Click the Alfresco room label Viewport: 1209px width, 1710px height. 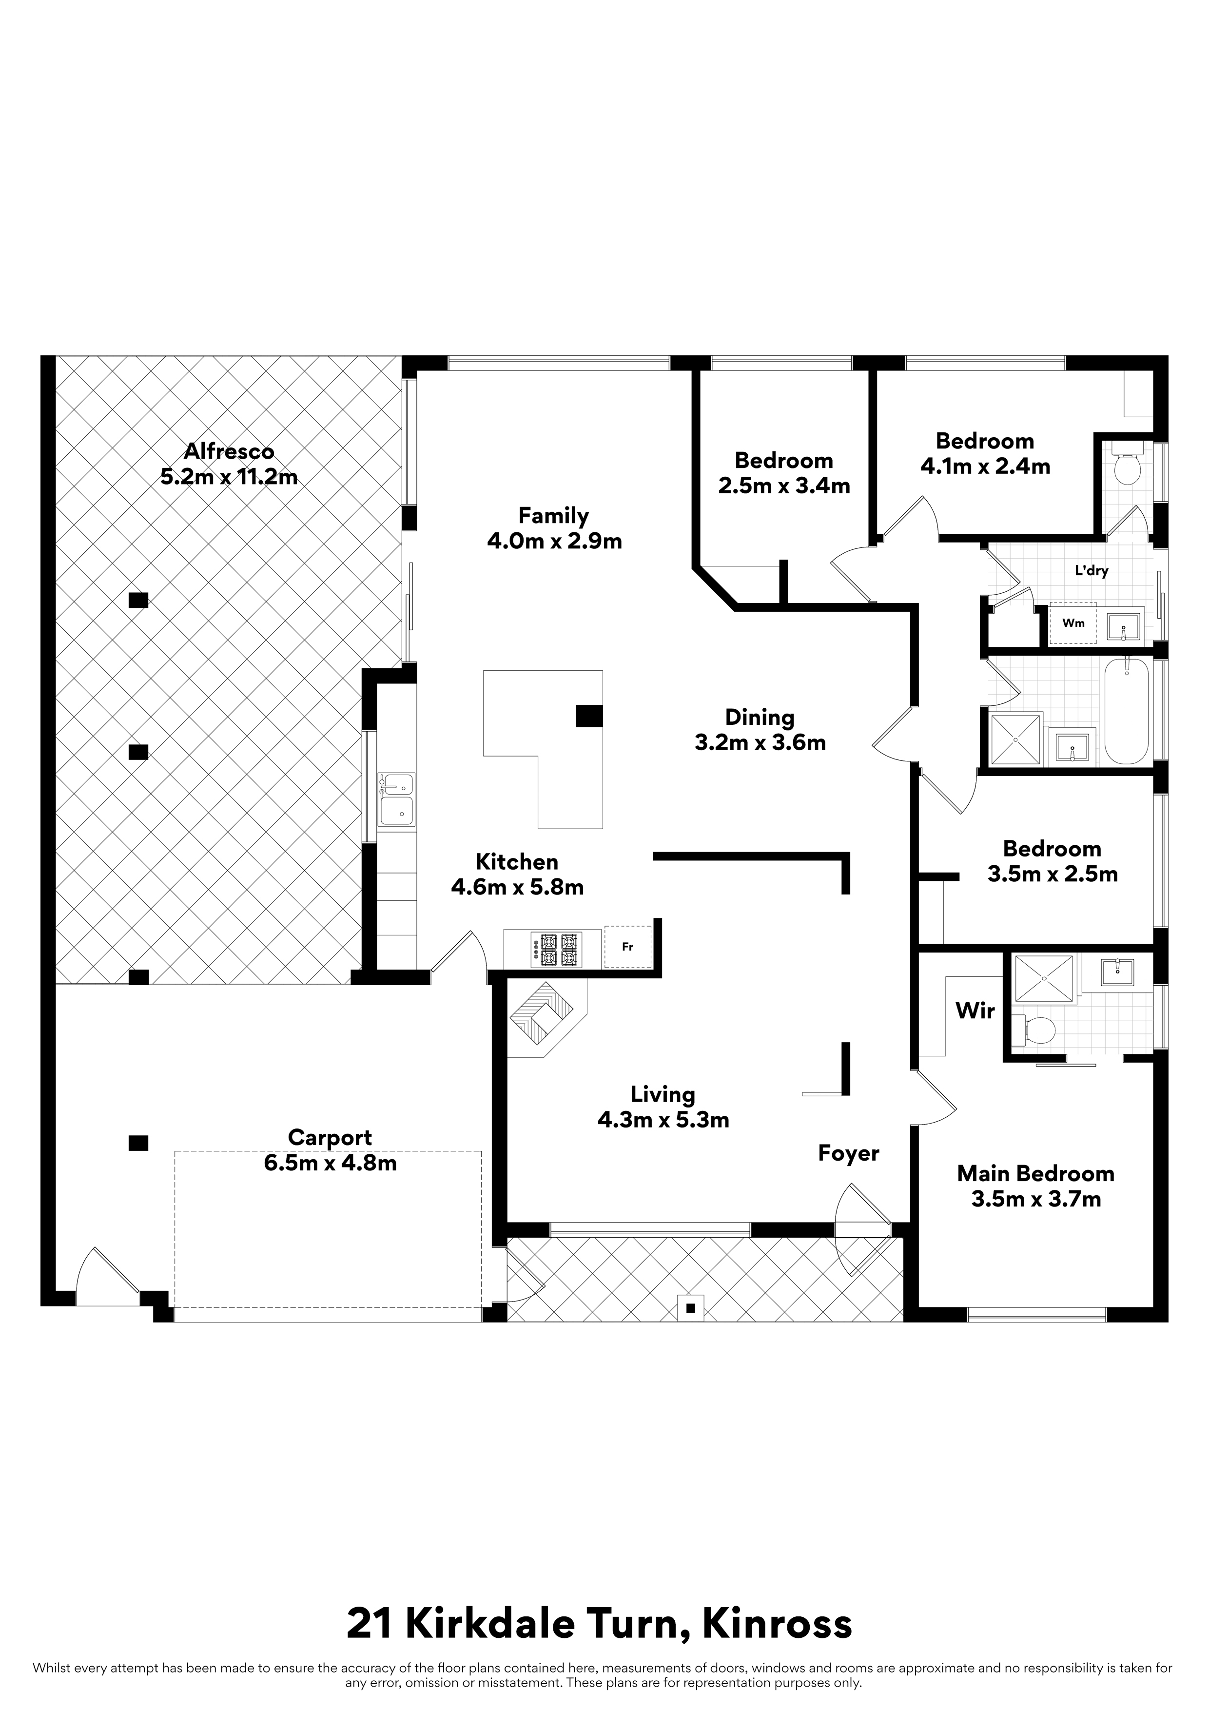(229, 451)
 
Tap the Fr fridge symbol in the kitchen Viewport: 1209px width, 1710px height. (628, 947)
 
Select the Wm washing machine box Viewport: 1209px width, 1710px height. (1073, 622)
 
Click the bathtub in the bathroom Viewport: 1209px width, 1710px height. (1127, 711)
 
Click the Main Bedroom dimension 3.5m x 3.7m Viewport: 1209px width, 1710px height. (1036, 1199)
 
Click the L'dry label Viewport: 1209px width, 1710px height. (1092, 571)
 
